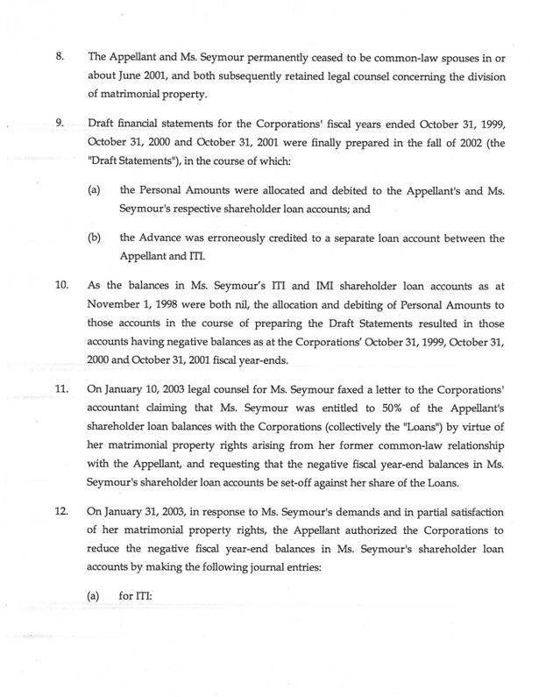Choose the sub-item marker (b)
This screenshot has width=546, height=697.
[x=95, y=238]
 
